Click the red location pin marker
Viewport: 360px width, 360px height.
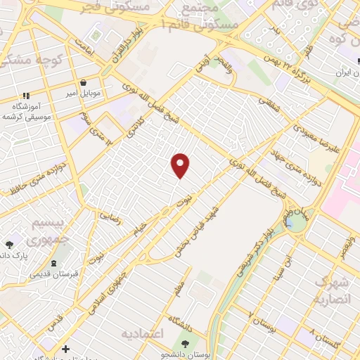(181, 165)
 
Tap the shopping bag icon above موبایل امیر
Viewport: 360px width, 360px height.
(84, 82)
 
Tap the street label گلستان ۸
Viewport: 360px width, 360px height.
(327, 341)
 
